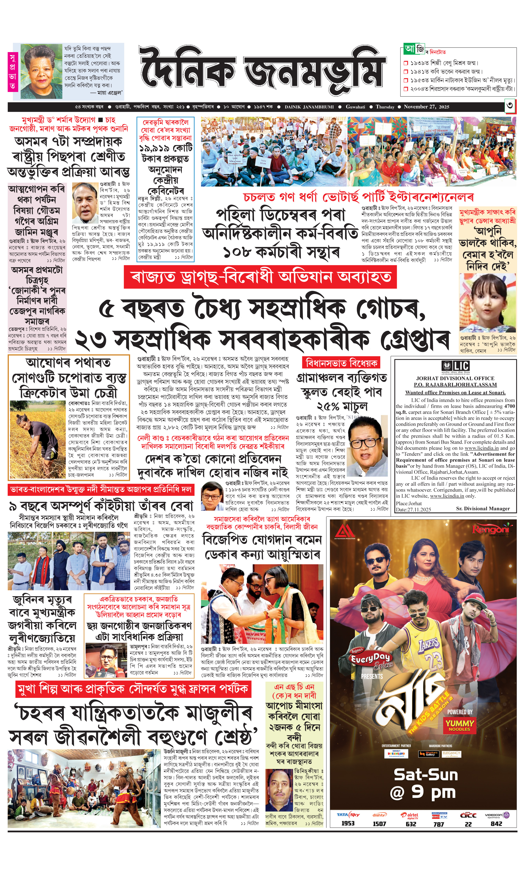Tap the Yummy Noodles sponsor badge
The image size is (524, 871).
coord(459,725)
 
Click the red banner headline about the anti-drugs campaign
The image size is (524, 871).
coord(260,277)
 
